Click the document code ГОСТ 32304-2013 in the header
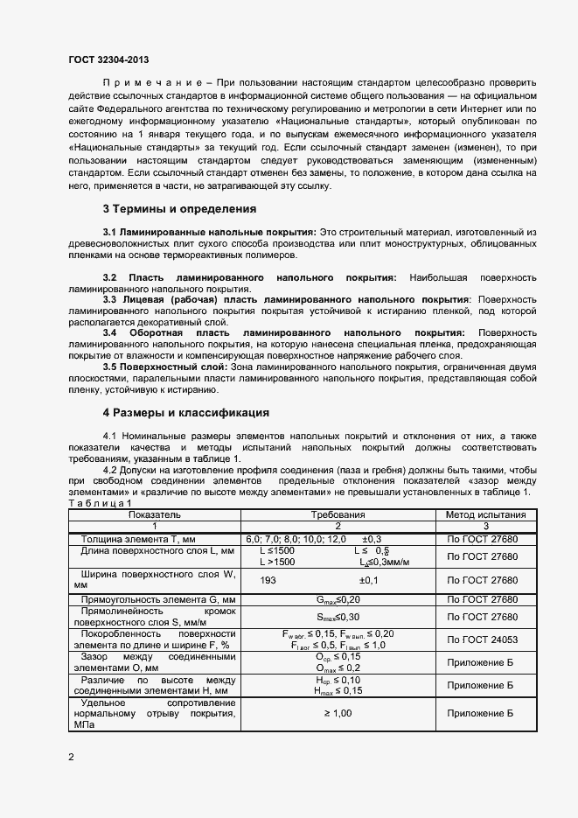click(108, 59)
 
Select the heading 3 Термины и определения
click(179, 209)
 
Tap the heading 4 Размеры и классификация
click(185, 412)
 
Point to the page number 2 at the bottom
click(71, 757)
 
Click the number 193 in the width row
click(268, 580)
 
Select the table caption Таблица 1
click(100, 503)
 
